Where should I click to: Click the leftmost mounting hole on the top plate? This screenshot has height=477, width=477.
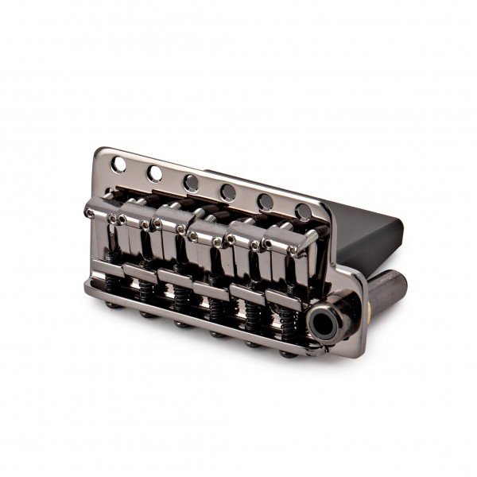coord(119,164)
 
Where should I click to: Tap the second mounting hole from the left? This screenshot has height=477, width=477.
coord(155,173)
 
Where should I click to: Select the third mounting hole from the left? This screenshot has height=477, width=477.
coord(192,183)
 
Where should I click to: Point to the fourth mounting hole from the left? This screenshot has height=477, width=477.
coord(228,192)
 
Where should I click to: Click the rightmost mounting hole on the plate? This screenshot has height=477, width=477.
coord(304,211)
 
